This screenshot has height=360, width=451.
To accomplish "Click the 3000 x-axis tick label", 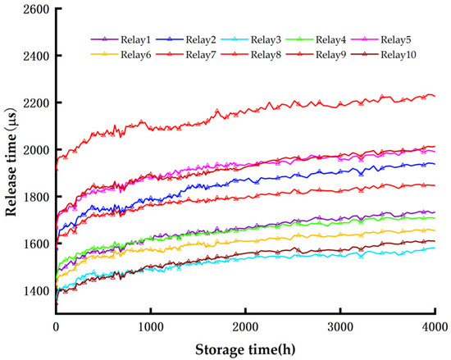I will coord(340,326).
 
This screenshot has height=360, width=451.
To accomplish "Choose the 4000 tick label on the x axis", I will coord(434,326).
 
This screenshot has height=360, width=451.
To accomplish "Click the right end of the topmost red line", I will coord(435,96).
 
